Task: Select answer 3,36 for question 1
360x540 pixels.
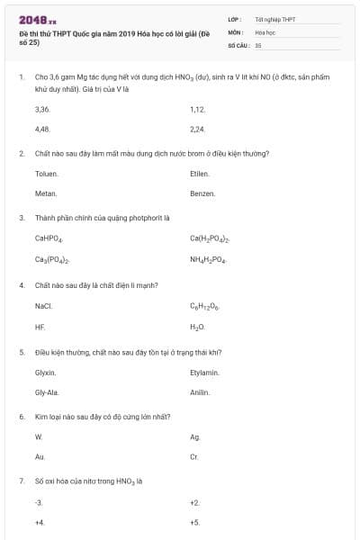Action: [x=41, y=109]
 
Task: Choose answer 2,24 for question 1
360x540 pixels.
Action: [x=198, y=129]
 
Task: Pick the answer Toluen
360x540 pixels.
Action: [x=46, y=173]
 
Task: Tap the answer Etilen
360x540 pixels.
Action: [x=199, y=173]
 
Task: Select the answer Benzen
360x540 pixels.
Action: [x=202, y=193]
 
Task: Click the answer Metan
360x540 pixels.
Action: [x=45, y=193]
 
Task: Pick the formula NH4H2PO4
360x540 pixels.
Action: [x=208, y=260]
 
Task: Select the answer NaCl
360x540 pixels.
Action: [x=43, y=306]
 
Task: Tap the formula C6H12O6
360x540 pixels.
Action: [x=205, y=307]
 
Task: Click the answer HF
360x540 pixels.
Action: [x=40, y=327]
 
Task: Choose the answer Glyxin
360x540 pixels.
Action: [x=45, y=372]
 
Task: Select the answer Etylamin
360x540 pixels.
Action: [x=204, y=372]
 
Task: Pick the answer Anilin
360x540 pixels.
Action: [x=200, y=392]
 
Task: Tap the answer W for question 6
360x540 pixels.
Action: [x=39, y=436]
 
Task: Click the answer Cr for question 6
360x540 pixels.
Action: [x=194, y=457]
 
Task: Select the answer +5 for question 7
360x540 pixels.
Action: [x=194, y=522]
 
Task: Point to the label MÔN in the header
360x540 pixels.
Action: [x=235, y=31]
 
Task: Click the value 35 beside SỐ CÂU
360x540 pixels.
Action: [x=258, y=44]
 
